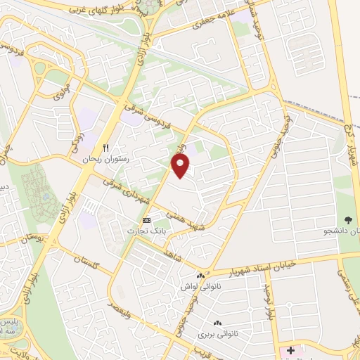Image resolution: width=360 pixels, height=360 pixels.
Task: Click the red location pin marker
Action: [181, 164]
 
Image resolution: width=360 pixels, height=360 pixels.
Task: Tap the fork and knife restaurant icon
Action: [106, 149]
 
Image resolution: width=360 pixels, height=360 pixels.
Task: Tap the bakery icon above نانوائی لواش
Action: [202, 276]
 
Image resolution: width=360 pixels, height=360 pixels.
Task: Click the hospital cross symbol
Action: [290, 350]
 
